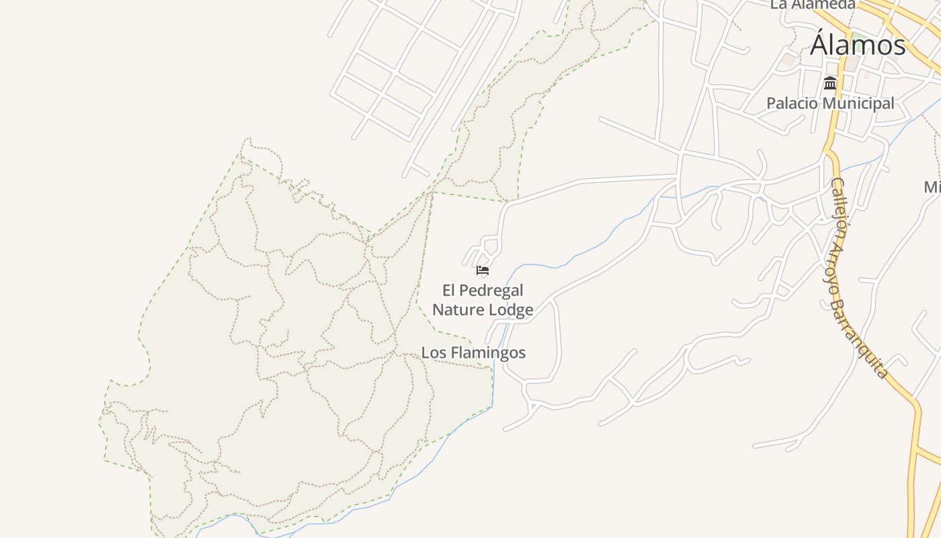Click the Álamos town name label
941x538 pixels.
pos(858,46)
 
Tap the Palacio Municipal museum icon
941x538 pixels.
pos(830,83)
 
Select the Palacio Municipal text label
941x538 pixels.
pos(830,104)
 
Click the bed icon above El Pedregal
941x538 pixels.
pos(482,271)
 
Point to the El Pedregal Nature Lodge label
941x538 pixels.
pos(483,300)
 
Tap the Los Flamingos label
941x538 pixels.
pos(473,352)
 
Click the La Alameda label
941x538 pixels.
pos(813,5)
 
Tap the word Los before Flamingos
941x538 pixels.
pos(434,352)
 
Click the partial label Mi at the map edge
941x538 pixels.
pos(932,187)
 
